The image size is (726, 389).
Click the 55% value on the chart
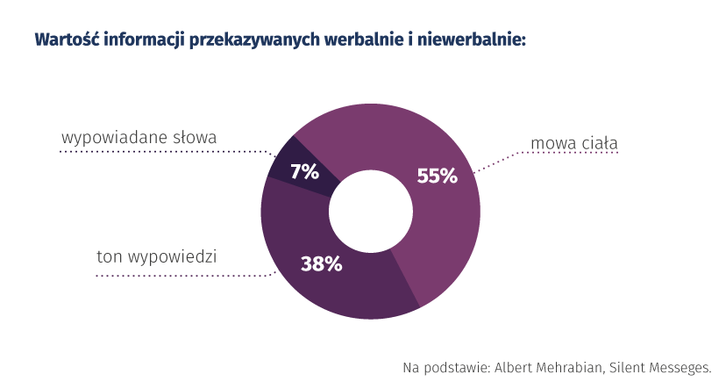tap(437, 176)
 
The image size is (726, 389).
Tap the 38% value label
tap(321, 263)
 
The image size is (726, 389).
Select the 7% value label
tap(304, 172)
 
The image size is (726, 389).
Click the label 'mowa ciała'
tap(574, 142)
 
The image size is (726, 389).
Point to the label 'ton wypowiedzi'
tap(157, 257)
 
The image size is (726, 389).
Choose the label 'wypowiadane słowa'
tap(139, 138)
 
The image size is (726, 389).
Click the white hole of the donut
tap(370, 210)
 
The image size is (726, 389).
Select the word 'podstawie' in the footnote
tap(457, 367)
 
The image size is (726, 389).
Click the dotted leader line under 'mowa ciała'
tap(570, 153)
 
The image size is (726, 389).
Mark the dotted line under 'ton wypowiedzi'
tap(175, 275)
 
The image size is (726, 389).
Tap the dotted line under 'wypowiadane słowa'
tap(158, 151)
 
